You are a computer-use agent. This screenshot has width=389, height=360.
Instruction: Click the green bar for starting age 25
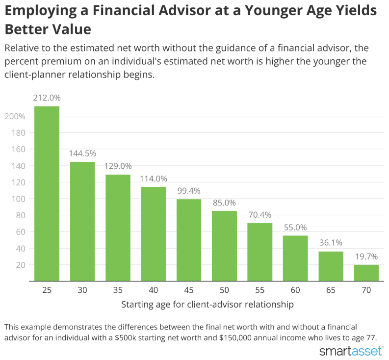point(47,194)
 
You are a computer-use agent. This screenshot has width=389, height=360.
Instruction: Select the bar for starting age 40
point(154,234)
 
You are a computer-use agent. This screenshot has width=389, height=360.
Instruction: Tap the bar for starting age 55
point(260,252)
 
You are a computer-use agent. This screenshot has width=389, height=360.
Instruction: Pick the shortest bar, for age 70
point(366,273)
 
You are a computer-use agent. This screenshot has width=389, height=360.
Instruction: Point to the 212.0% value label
point(47,98)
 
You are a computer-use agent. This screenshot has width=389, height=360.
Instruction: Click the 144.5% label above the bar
point(82,154)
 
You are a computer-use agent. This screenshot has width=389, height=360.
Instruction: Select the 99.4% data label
point(189,190)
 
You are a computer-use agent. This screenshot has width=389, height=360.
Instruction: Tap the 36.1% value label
point(331,242)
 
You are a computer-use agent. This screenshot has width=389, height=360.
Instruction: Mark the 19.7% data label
point(366,257)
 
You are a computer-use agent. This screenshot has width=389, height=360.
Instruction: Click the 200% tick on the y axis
point(15,116)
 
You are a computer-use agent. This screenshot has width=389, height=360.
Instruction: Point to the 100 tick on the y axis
point(18,199)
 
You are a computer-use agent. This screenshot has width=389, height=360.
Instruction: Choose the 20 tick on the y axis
point(21,265)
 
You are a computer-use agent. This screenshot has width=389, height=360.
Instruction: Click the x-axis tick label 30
point(82,290)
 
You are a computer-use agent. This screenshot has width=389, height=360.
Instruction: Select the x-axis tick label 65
point(331,290)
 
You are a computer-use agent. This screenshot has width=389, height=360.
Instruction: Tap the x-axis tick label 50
point(224,290)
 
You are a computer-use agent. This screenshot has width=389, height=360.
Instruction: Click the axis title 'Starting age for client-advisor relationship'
point(207,305)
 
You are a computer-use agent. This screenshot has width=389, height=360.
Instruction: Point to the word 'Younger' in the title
point(274,11)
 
